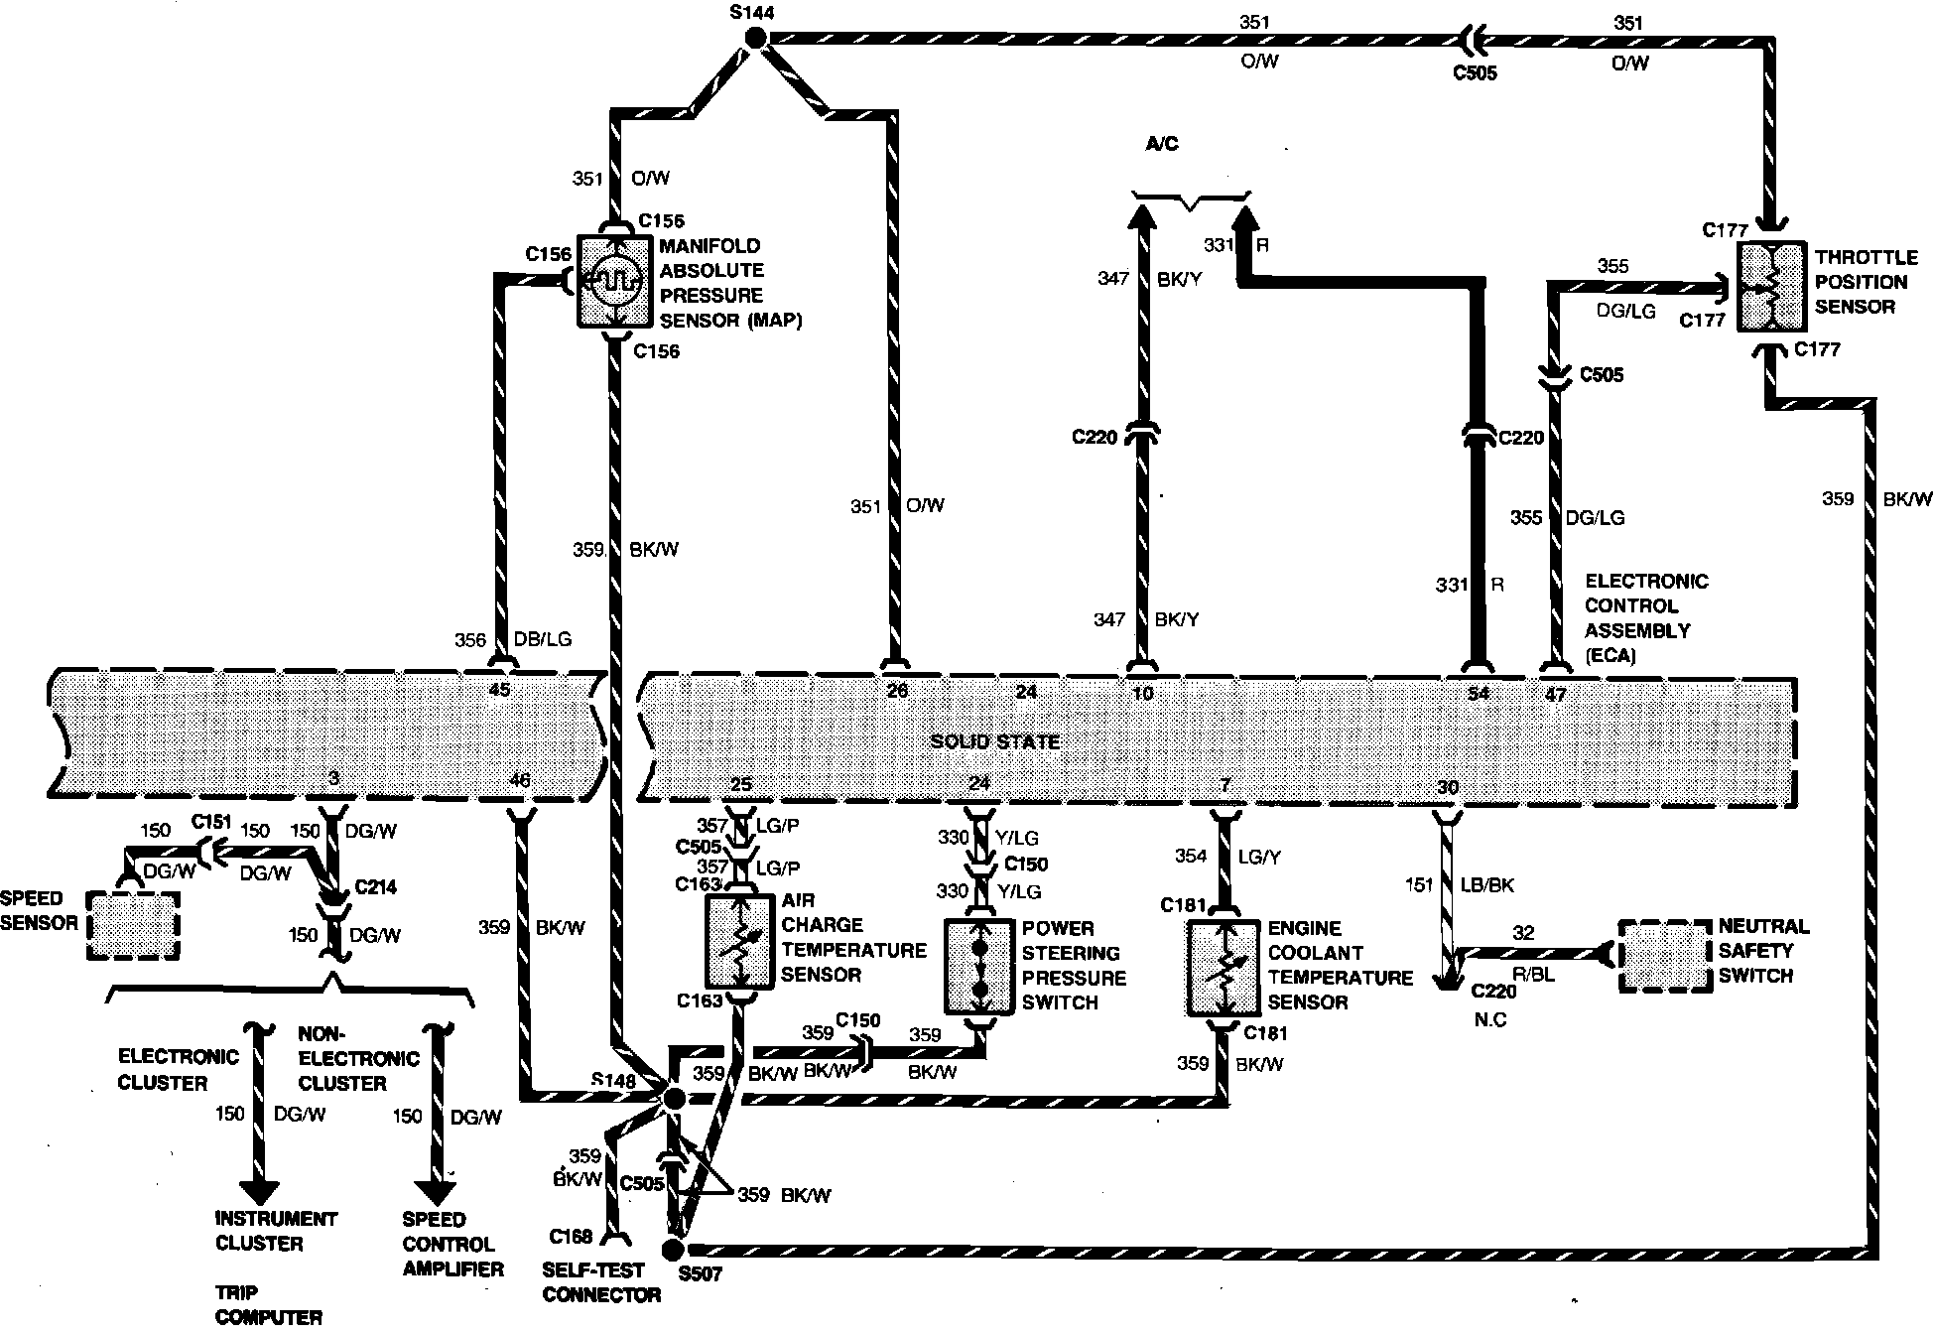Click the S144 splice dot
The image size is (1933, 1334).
(756, 39)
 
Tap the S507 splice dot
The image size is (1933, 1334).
(674, 1248)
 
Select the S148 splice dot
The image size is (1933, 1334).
(674, 1098)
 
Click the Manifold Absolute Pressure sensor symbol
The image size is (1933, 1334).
(615, 282)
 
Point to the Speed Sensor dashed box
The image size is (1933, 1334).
(133, 925)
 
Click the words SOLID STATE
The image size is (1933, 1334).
(994, 741)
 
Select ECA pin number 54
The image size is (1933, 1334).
(1478, 694)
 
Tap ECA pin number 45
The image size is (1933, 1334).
(500, 689)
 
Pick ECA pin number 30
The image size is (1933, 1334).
(1448, 787)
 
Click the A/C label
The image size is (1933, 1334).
(1161, 144)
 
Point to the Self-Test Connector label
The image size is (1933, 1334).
(601, 1281)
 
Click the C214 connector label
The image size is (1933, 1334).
(375, 886)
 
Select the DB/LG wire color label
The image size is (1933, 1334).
(542, 640)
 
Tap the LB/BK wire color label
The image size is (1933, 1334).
(1486, 884)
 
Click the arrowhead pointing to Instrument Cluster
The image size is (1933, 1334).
(259, 1186)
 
